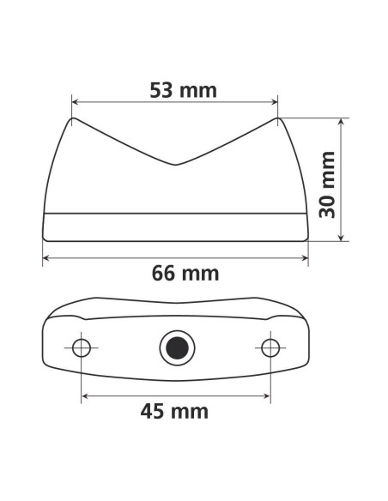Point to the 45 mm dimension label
pos(174,411)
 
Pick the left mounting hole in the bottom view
pos(82,347)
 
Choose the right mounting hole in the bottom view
pos(271,347)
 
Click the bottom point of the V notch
pos(175,164)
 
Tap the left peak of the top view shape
pos(73,118)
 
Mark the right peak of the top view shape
pos(278,118)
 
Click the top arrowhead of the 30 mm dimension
pos(343,122)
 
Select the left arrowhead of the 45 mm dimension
pos(85,395)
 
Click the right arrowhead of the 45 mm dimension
pos(268,395)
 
